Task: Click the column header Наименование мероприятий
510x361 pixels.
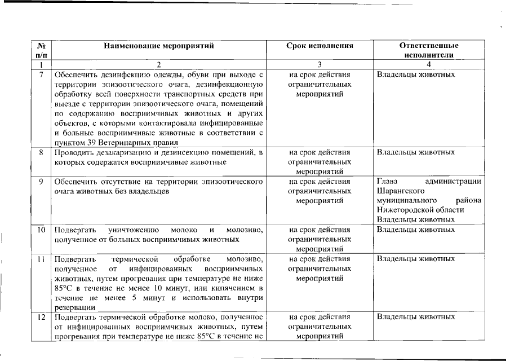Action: click(159, 46)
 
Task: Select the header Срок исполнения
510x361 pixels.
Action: click(320, 46)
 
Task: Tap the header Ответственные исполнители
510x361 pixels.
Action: click(428, 50)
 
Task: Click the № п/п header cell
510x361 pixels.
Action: click(41, 50)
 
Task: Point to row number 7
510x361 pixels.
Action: click(41, 74)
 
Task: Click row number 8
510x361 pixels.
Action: click(41, 152)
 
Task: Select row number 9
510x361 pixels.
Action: click(41, 182)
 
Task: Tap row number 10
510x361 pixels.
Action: click(41, 230)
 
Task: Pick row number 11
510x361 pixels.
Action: click(41, 259)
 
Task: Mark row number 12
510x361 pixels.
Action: click(41, 317)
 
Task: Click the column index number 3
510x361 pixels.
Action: click(320, 65)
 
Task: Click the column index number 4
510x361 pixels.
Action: click(428, 65)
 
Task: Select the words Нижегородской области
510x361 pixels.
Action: click(414, 210)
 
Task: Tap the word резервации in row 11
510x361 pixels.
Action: click(75, 307)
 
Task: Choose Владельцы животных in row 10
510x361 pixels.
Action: click(415, 230)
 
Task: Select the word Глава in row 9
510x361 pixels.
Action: click(388, 182)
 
